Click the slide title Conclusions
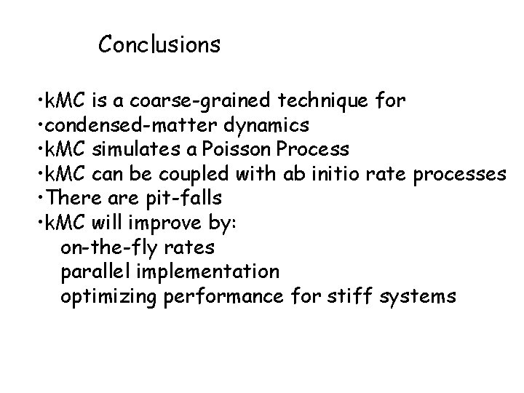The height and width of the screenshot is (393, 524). [159, 45]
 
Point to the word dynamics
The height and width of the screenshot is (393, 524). [273, 125]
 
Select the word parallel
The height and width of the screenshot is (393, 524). [95, 272]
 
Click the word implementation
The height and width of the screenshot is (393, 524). [208, 272]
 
